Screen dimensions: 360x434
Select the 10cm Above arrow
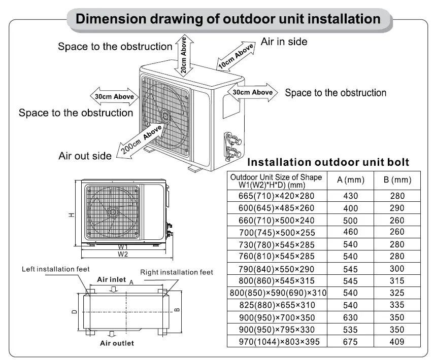click(236, 57)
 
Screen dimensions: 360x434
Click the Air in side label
click(284, 42)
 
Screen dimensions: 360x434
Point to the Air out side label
click(85, 156)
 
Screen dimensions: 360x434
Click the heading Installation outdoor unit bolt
click(327, 162)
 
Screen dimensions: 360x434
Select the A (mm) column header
click(350, 180)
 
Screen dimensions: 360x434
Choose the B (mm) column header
click(397, 180)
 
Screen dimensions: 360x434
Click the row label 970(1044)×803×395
click(277, 342)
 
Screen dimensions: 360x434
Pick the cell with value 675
click(350, 342)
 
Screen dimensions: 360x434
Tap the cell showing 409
click(397, 342)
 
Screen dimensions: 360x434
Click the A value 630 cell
click(350, 317)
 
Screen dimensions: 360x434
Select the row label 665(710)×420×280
click(277, 196)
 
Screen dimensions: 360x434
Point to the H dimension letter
click(72, 214)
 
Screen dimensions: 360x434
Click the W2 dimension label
click(122, 254)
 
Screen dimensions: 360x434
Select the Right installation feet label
click(176, 272)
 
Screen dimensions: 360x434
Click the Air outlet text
click(117, 343)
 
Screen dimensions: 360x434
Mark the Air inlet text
click(112, 280)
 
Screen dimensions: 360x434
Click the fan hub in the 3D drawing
click(165, 116)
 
